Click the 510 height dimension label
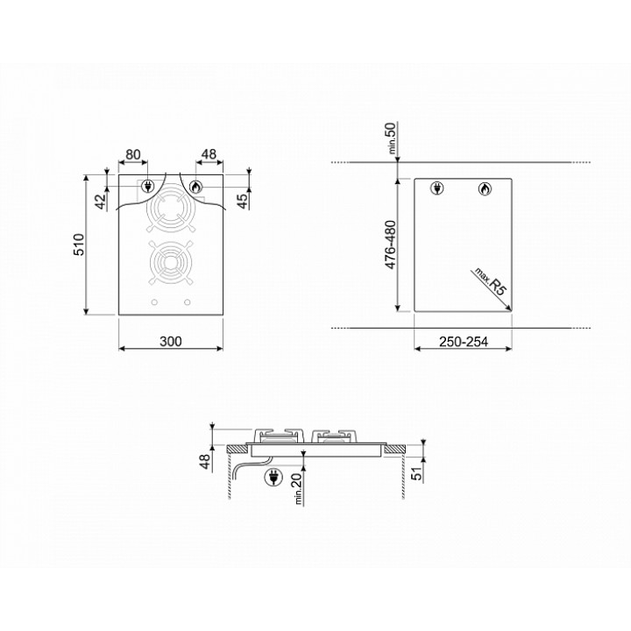79,245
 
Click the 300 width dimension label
171,341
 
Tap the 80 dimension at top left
133,154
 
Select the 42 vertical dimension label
102,202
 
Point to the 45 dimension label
243,201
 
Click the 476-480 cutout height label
390,245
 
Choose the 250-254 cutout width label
464,342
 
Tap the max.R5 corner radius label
490,281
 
